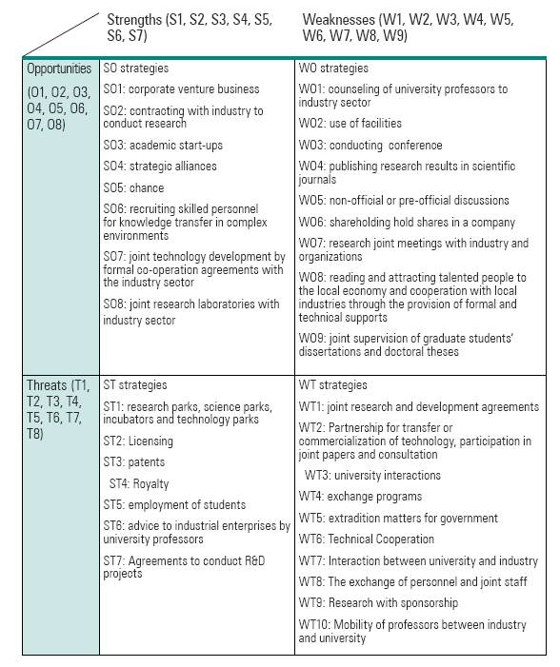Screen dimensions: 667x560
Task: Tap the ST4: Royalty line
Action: coord(139,483)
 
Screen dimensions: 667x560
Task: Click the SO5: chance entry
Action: coord(133,187)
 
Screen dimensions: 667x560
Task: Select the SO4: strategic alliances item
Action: coord(160,166)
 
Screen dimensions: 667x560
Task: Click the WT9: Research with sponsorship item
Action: coord(378,603)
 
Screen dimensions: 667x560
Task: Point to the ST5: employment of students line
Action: coord(174,504)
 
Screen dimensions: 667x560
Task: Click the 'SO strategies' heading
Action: coord(136,69)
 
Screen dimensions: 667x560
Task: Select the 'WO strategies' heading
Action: coord(333,69)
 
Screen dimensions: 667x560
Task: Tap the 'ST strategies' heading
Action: coord(135,385)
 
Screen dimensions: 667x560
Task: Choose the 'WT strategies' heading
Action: coord(332,385)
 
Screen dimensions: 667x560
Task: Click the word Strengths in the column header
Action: coord(134,19)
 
